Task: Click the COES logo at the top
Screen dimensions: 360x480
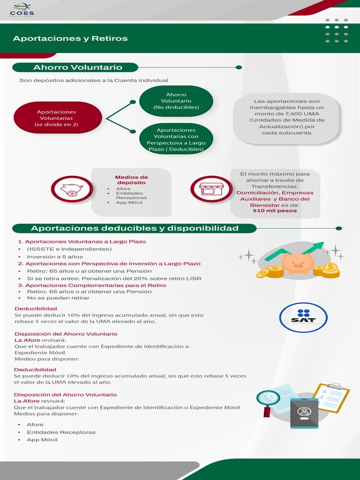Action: (22, 10)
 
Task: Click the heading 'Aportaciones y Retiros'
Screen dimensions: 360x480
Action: (70, 38)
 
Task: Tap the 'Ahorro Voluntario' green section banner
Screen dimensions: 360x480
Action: (78, 67)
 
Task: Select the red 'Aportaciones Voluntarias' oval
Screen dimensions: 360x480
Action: (57, 118)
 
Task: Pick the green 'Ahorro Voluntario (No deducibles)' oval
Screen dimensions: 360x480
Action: (176, 101)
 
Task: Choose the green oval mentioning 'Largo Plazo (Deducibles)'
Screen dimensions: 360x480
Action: (176, 139)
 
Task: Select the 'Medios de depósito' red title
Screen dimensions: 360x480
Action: (131, 180)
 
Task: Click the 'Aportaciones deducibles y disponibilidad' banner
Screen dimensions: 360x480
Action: (135, 228)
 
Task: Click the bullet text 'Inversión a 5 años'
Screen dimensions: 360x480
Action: (55, 257)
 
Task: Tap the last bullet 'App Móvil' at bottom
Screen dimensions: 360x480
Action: (42, 440)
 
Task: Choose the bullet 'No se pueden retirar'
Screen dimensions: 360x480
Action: (58, 298)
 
